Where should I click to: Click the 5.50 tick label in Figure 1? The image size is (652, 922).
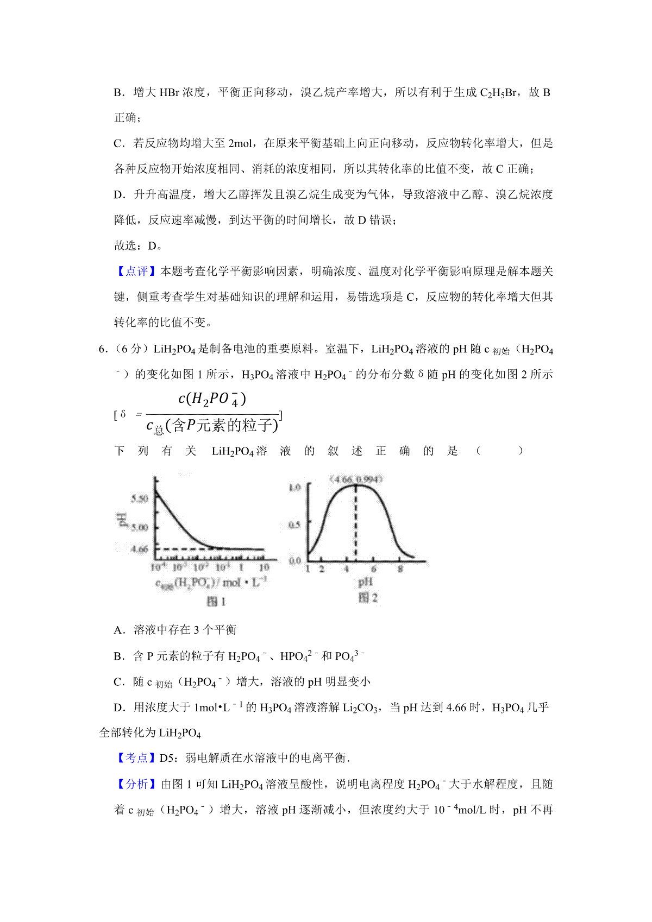(140, 498)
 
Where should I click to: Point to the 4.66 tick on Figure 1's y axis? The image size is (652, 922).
(140, 549)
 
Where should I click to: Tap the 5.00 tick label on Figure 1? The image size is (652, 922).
(140, 527)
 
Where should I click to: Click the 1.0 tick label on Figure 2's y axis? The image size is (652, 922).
(294, 487)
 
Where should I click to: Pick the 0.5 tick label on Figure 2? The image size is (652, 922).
(294, 525)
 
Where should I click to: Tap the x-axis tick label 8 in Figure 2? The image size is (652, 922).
(400, 569)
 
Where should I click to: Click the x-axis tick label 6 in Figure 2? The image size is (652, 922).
(373, 569)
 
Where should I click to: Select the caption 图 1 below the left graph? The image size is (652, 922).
(216, 601)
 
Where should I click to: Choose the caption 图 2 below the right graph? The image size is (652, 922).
(368, 598)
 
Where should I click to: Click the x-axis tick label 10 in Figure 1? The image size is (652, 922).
(264, 567)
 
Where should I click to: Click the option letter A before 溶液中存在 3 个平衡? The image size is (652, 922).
(119, 630)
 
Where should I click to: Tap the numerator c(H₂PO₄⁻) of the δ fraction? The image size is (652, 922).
(212, 400)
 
